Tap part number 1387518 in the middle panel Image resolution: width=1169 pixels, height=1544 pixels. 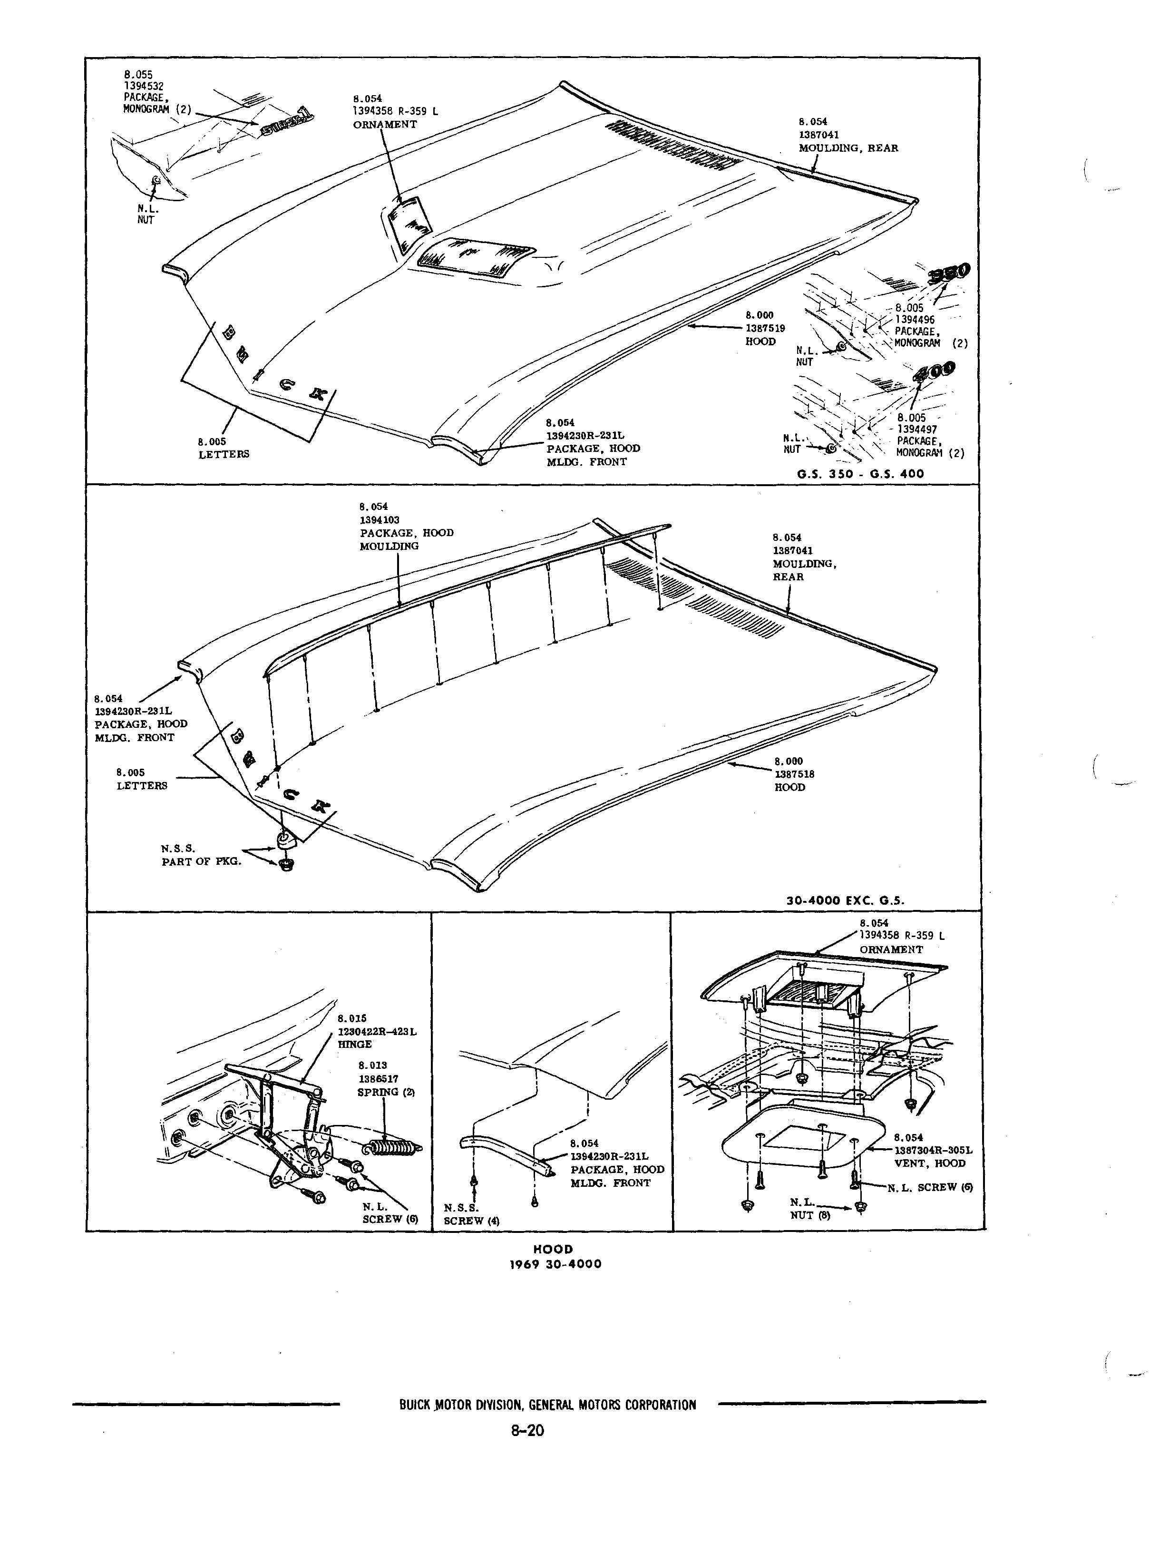[x=794, y=774]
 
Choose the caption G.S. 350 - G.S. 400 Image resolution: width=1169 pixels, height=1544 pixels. [x=860, y=474]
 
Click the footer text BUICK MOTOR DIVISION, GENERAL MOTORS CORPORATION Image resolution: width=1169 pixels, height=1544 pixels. [x=548, y=1405]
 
